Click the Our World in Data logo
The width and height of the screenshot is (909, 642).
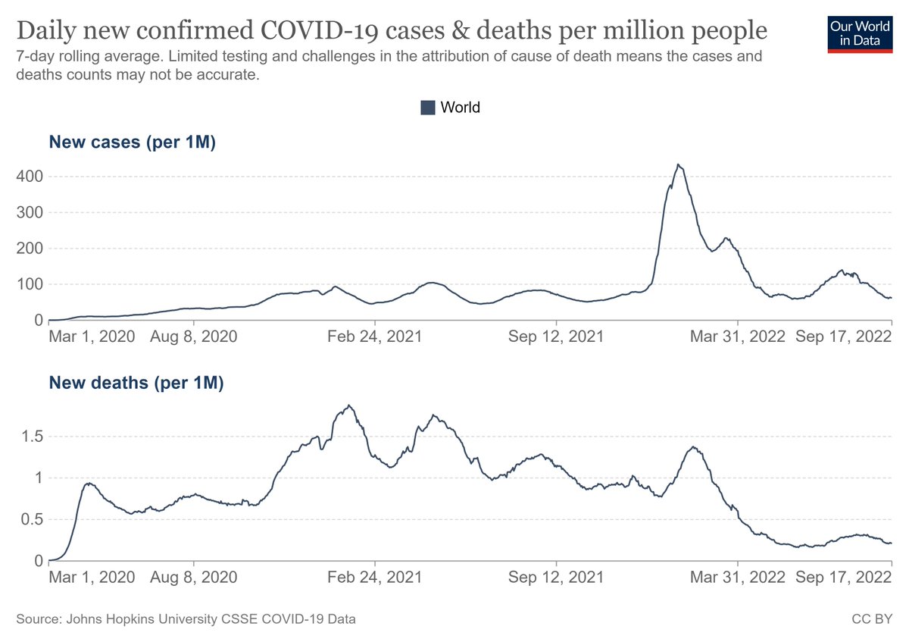pos(860,35)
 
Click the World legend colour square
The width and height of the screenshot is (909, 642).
pos(428,108)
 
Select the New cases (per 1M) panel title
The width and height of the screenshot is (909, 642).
pos(133,142)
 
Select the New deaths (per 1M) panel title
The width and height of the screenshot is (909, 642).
pos(136,383)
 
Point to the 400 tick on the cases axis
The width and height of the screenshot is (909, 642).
pos(30,177)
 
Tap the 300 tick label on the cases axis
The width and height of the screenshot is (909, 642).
pos(30,212)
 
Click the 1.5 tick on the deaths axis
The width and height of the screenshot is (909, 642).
pos(32,437)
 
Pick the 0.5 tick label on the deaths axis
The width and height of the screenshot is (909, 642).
pos(32,519)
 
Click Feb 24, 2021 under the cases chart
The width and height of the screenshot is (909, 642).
pos(374,337)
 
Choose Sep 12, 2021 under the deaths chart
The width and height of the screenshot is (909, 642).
pos(556,578)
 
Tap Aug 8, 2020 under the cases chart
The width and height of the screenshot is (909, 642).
pos(194,337)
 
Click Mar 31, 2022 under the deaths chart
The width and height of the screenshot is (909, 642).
pos(738,578)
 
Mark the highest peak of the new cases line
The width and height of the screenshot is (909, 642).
pos(678,164)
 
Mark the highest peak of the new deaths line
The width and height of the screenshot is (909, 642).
pos(348,406)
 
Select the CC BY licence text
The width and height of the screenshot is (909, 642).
pos(872,619)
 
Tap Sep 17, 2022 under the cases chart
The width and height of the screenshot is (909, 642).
pos(843,337)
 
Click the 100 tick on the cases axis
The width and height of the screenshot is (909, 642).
pos(30,284)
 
